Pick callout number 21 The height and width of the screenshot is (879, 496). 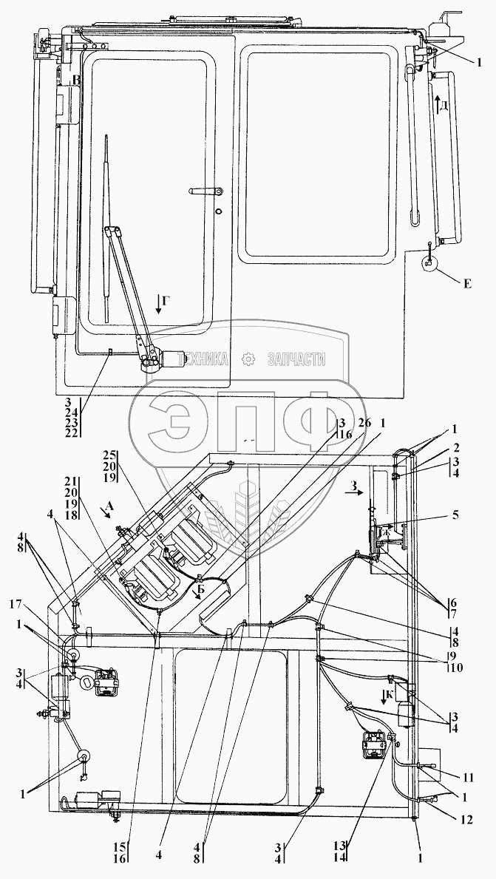point(72,481)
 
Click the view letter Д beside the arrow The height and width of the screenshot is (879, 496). point(444,105)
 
